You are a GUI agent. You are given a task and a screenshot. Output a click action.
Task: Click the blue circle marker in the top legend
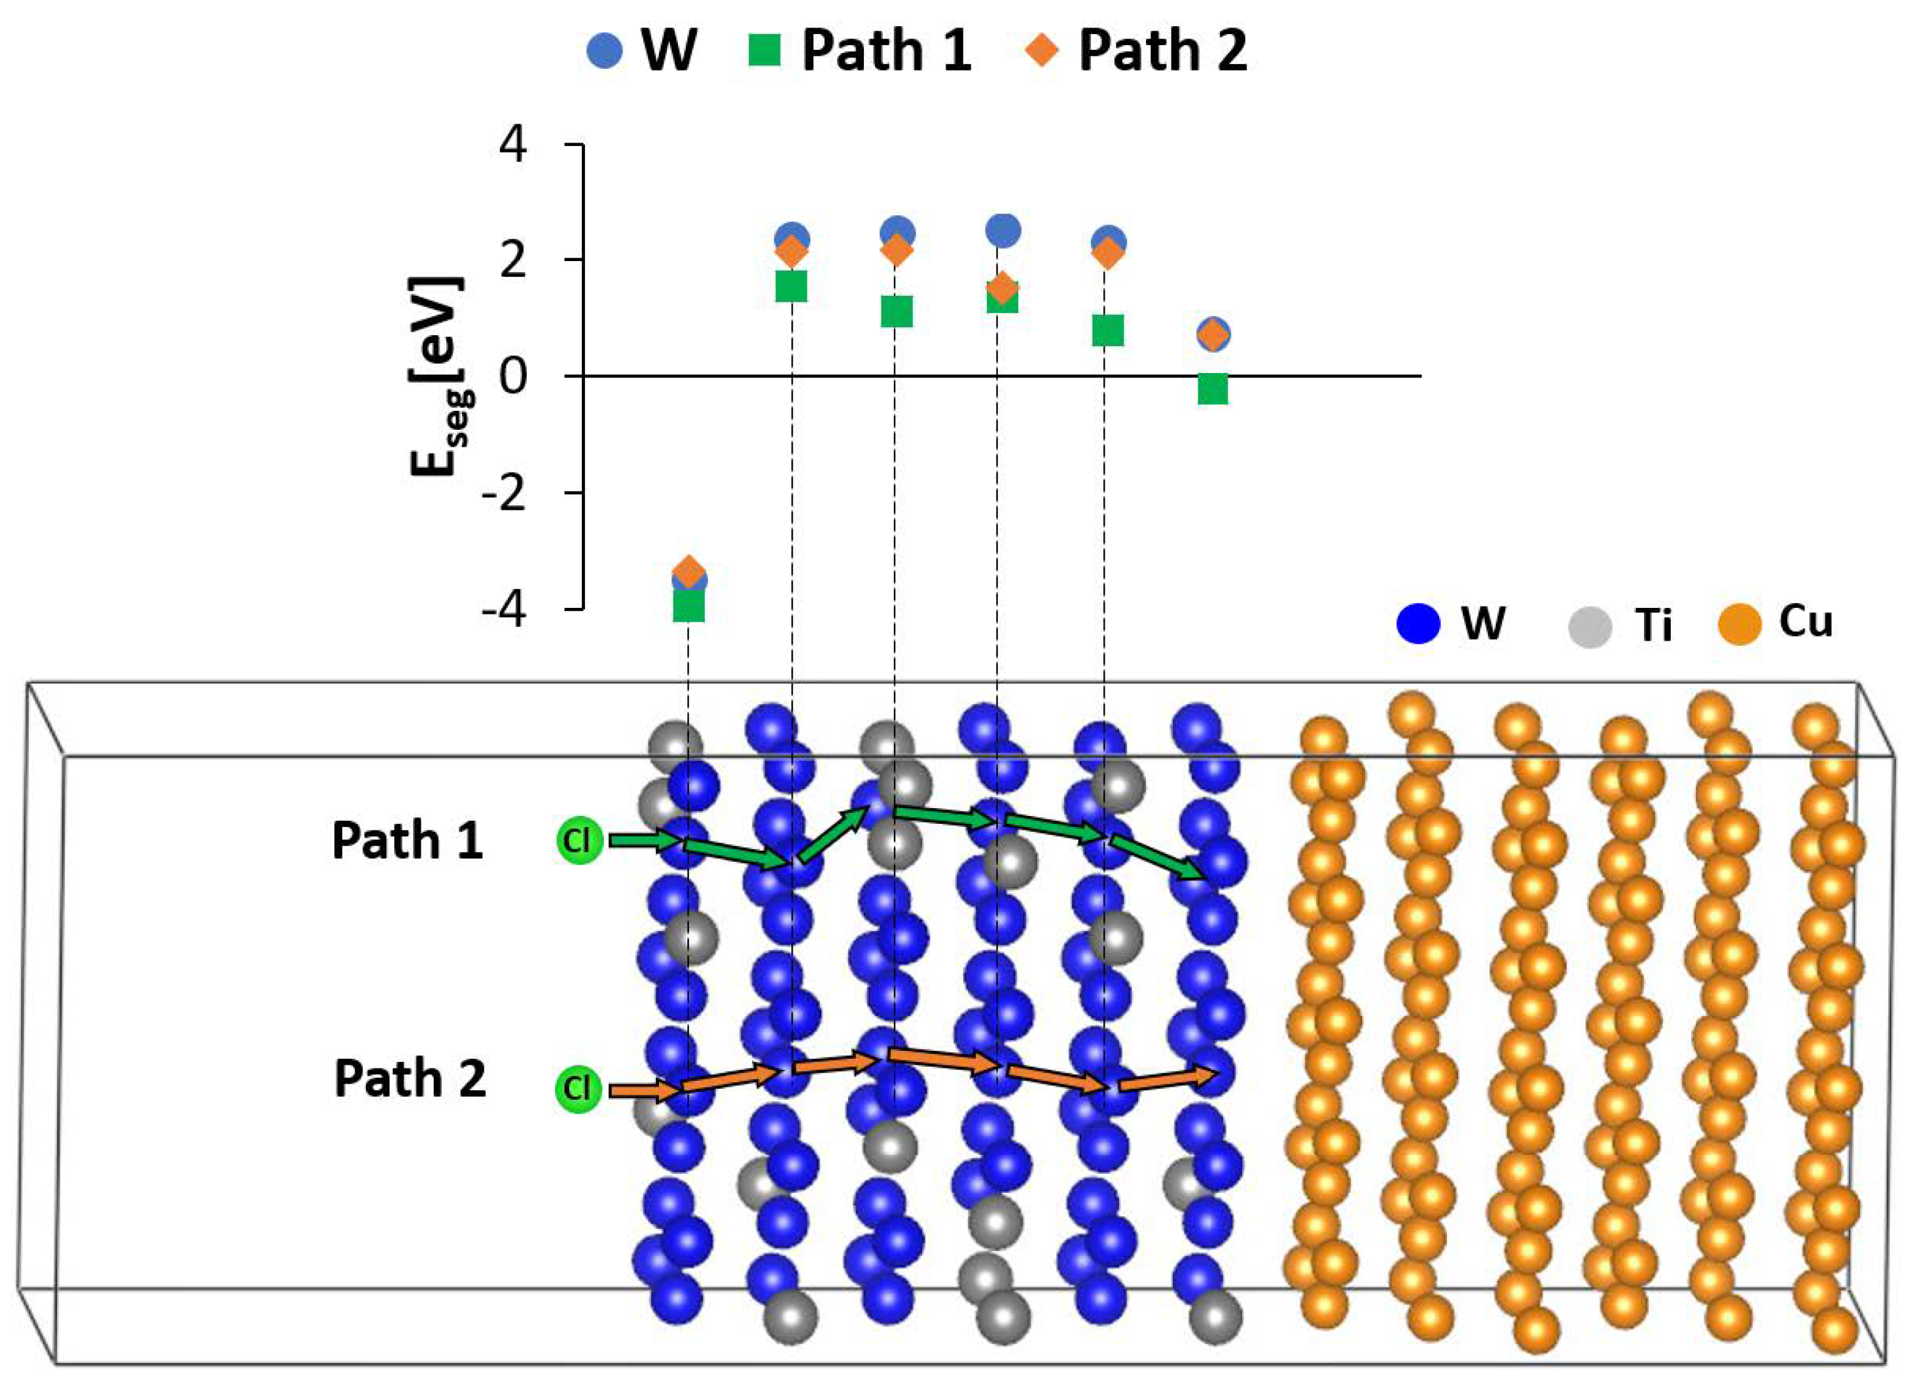point(604,50)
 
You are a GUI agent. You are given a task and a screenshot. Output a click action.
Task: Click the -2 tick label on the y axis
point(503,492)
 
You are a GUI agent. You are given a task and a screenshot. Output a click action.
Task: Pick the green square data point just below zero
point(1212,389)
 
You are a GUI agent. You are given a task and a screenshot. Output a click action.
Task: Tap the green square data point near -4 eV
point(688,605)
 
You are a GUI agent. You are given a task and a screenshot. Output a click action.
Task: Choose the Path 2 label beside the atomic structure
point(410,1079)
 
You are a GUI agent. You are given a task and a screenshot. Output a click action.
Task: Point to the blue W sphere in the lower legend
point(1418,624)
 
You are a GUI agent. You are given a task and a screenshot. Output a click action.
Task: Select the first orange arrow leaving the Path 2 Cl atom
point(644,1091)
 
